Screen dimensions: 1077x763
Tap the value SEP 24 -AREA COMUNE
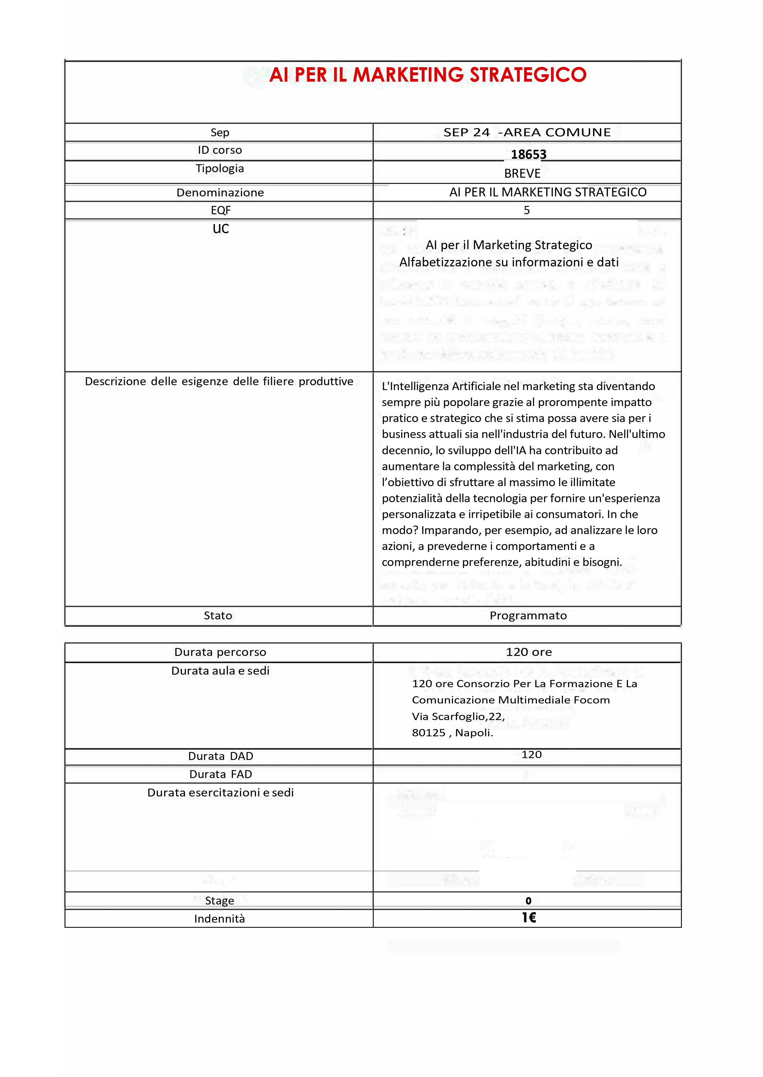[527, 132]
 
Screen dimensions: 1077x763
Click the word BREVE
[522, 174]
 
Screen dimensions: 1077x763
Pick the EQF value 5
[527, 210]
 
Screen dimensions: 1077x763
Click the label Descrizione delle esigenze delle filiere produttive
[219, 381]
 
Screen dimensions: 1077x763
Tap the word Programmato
[528, 615]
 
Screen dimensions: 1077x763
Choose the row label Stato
[218, 615]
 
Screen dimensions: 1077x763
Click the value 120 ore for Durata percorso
[529, 652]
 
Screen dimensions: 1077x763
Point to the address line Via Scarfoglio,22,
[458, 716]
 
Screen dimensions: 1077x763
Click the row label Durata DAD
[220, 756]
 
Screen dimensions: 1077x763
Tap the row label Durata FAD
[220, 774]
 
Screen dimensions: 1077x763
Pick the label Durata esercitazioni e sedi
[220, 792]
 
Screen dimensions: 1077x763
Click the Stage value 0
[528, 901]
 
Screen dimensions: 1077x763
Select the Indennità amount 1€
[529, 918]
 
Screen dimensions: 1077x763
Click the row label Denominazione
[220, 192]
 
